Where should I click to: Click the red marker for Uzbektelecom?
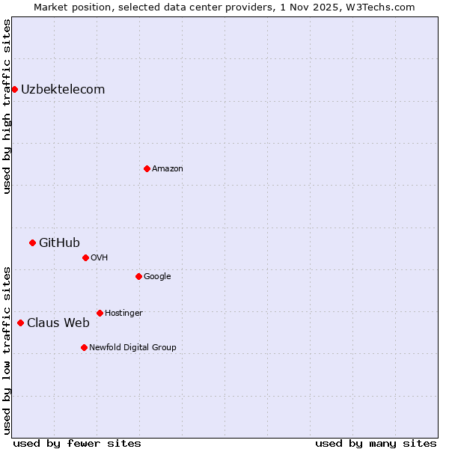point(14,90)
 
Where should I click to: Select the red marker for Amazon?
point(147,168)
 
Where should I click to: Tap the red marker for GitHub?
point(32,242)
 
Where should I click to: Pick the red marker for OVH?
point(85,257)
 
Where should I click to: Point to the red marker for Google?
point(138,276)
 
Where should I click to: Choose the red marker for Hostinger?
point(100,313)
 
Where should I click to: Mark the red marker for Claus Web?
point(20,323)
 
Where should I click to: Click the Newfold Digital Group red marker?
point(84,347)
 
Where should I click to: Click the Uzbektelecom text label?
point(63,90)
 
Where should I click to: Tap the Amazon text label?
point(168,168)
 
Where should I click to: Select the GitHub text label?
point(59,242)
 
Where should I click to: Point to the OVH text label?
point(100,257)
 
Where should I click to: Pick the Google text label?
point(157,276)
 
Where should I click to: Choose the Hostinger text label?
point(123,313)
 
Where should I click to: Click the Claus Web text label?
point(58,323)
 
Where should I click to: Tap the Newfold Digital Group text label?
point(132,347)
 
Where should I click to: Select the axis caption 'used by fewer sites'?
point(77,443)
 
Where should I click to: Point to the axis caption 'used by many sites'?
point(376,443)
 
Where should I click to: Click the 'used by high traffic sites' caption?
point(7,106)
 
